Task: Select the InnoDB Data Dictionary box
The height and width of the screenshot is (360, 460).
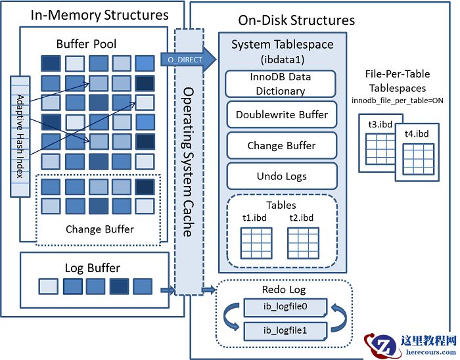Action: (x=281, y=83)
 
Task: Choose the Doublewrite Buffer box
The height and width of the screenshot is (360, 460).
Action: (x=281, y=115)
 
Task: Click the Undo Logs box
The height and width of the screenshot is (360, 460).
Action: (x=281, y=176)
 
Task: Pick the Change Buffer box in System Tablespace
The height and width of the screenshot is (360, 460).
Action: (x=281, y=146)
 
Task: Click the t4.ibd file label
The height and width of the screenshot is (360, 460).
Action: (x=415, y=133)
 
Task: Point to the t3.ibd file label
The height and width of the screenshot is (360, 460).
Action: (x=380, y=123)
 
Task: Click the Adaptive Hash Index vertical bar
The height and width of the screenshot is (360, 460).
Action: (x=20, y=136)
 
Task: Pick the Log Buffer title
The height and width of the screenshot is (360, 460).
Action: (x=92, y=268)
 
